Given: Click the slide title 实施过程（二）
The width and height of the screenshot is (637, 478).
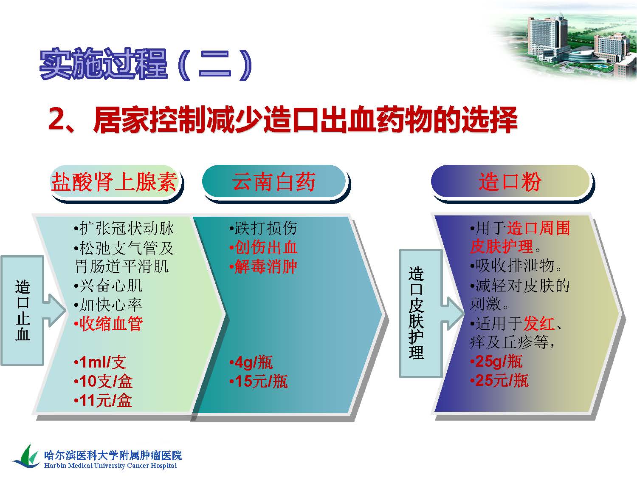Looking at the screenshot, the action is (146, 65).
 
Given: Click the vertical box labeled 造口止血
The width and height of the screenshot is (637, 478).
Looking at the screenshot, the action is (23, 310).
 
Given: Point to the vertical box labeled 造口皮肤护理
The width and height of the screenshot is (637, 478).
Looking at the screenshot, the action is (420, 314).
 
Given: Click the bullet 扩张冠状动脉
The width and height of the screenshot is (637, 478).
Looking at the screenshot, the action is (124, 228).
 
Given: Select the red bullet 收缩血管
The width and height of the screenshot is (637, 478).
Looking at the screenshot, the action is (108, 324).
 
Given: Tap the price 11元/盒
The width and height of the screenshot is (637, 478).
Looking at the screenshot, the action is (103, 401).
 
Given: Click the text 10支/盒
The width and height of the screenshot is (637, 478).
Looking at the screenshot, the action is (103, 382).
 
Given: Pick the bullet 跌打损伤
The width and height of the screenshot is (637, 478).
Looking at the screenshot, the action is (263, 228).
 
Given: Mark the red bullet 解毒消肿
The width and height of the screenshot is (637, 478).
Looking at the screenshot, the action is (263, 266).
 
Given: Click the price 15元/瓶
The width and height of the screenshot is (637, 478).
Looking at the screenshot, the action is (258, 382).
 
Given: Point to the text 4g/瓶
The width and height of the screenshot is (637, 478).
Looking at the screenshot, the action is (251, 362).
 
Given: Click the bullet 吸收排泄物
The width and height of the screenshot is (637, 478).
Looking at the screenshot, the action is (516, 266).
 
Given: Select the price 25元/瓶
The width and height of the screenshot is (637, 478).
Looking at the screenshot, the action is (499, 380).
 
